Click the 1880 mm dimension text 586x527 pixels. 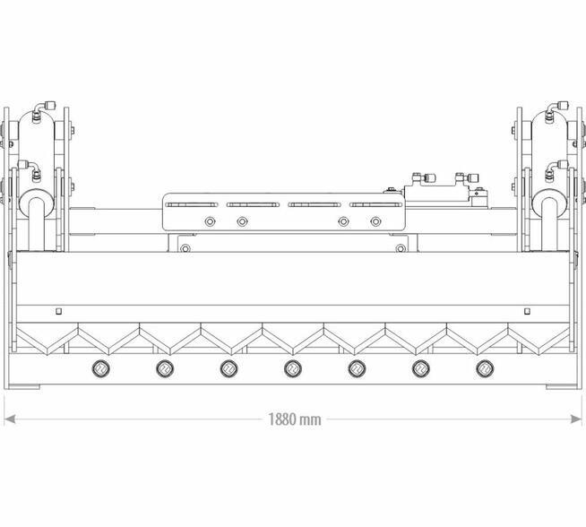tap(295, 419)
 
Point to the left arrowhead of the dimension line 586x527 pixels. tap(10, 419)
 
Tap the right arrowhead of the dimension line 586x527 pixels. tap(576, 419)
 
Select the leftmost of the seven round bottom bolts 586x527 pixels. tap(100, 369)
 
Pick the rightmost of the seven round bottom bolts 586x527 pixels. tap(485, 369)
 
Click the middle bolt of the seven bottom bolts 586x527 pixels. tap(293, 369)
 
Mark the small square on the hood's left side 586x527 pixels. tap(58, 311)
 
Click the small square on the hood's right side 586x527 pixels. tap(527, 311)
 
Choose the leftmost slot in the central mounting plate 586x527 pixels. tap(192, 205)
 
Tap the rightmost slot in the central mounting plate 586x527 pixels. tap(375, 205)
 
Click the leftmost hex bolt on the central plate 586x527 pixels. tap(210, 221)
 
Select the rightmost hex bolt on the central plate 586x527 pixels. tap(375, 221)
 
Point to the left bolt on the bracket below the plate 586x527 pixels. tap(185, 248)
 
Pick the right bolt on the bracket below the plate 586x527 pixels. tap(401, 248)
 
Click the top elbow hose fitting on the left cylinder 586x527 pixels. tap(43, 111)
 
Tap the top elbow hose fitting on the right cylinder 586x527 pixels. tap(556, 111)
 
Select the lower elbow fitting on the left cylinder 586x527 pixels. tap(30, 170)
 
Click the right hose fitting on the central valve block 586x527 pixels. tap(467, 178)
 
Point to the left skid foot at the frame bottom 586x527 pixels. tap(24, 386)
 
